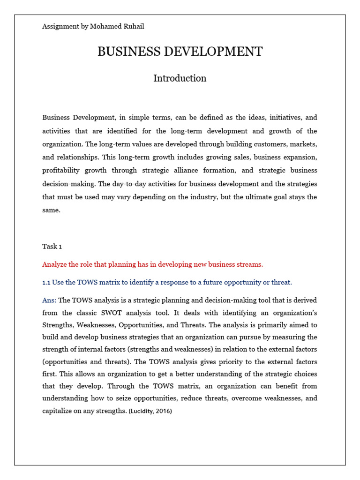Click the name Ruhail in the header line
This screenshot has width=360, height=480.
pos(133,27)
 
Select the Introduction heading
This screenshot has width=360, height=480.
pos(180,78)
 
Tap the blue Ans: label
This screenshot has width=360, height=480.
pos(49,300)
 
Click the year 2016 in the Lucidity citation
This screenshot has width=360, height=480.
pos(162,412)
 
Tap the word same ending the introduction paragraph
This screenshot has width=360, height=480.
pos(51,210)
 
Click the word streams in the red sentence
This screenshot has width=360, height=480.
pos(249,264)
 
